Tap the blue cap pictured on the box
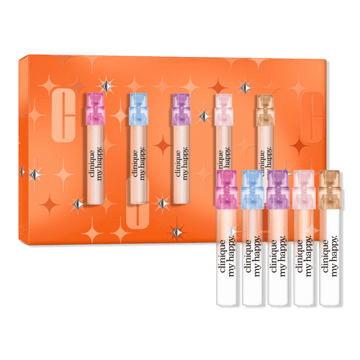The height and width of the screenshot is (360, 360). point(138,108)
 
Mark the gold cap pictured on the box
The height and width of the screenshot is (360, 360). point(264,108)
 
